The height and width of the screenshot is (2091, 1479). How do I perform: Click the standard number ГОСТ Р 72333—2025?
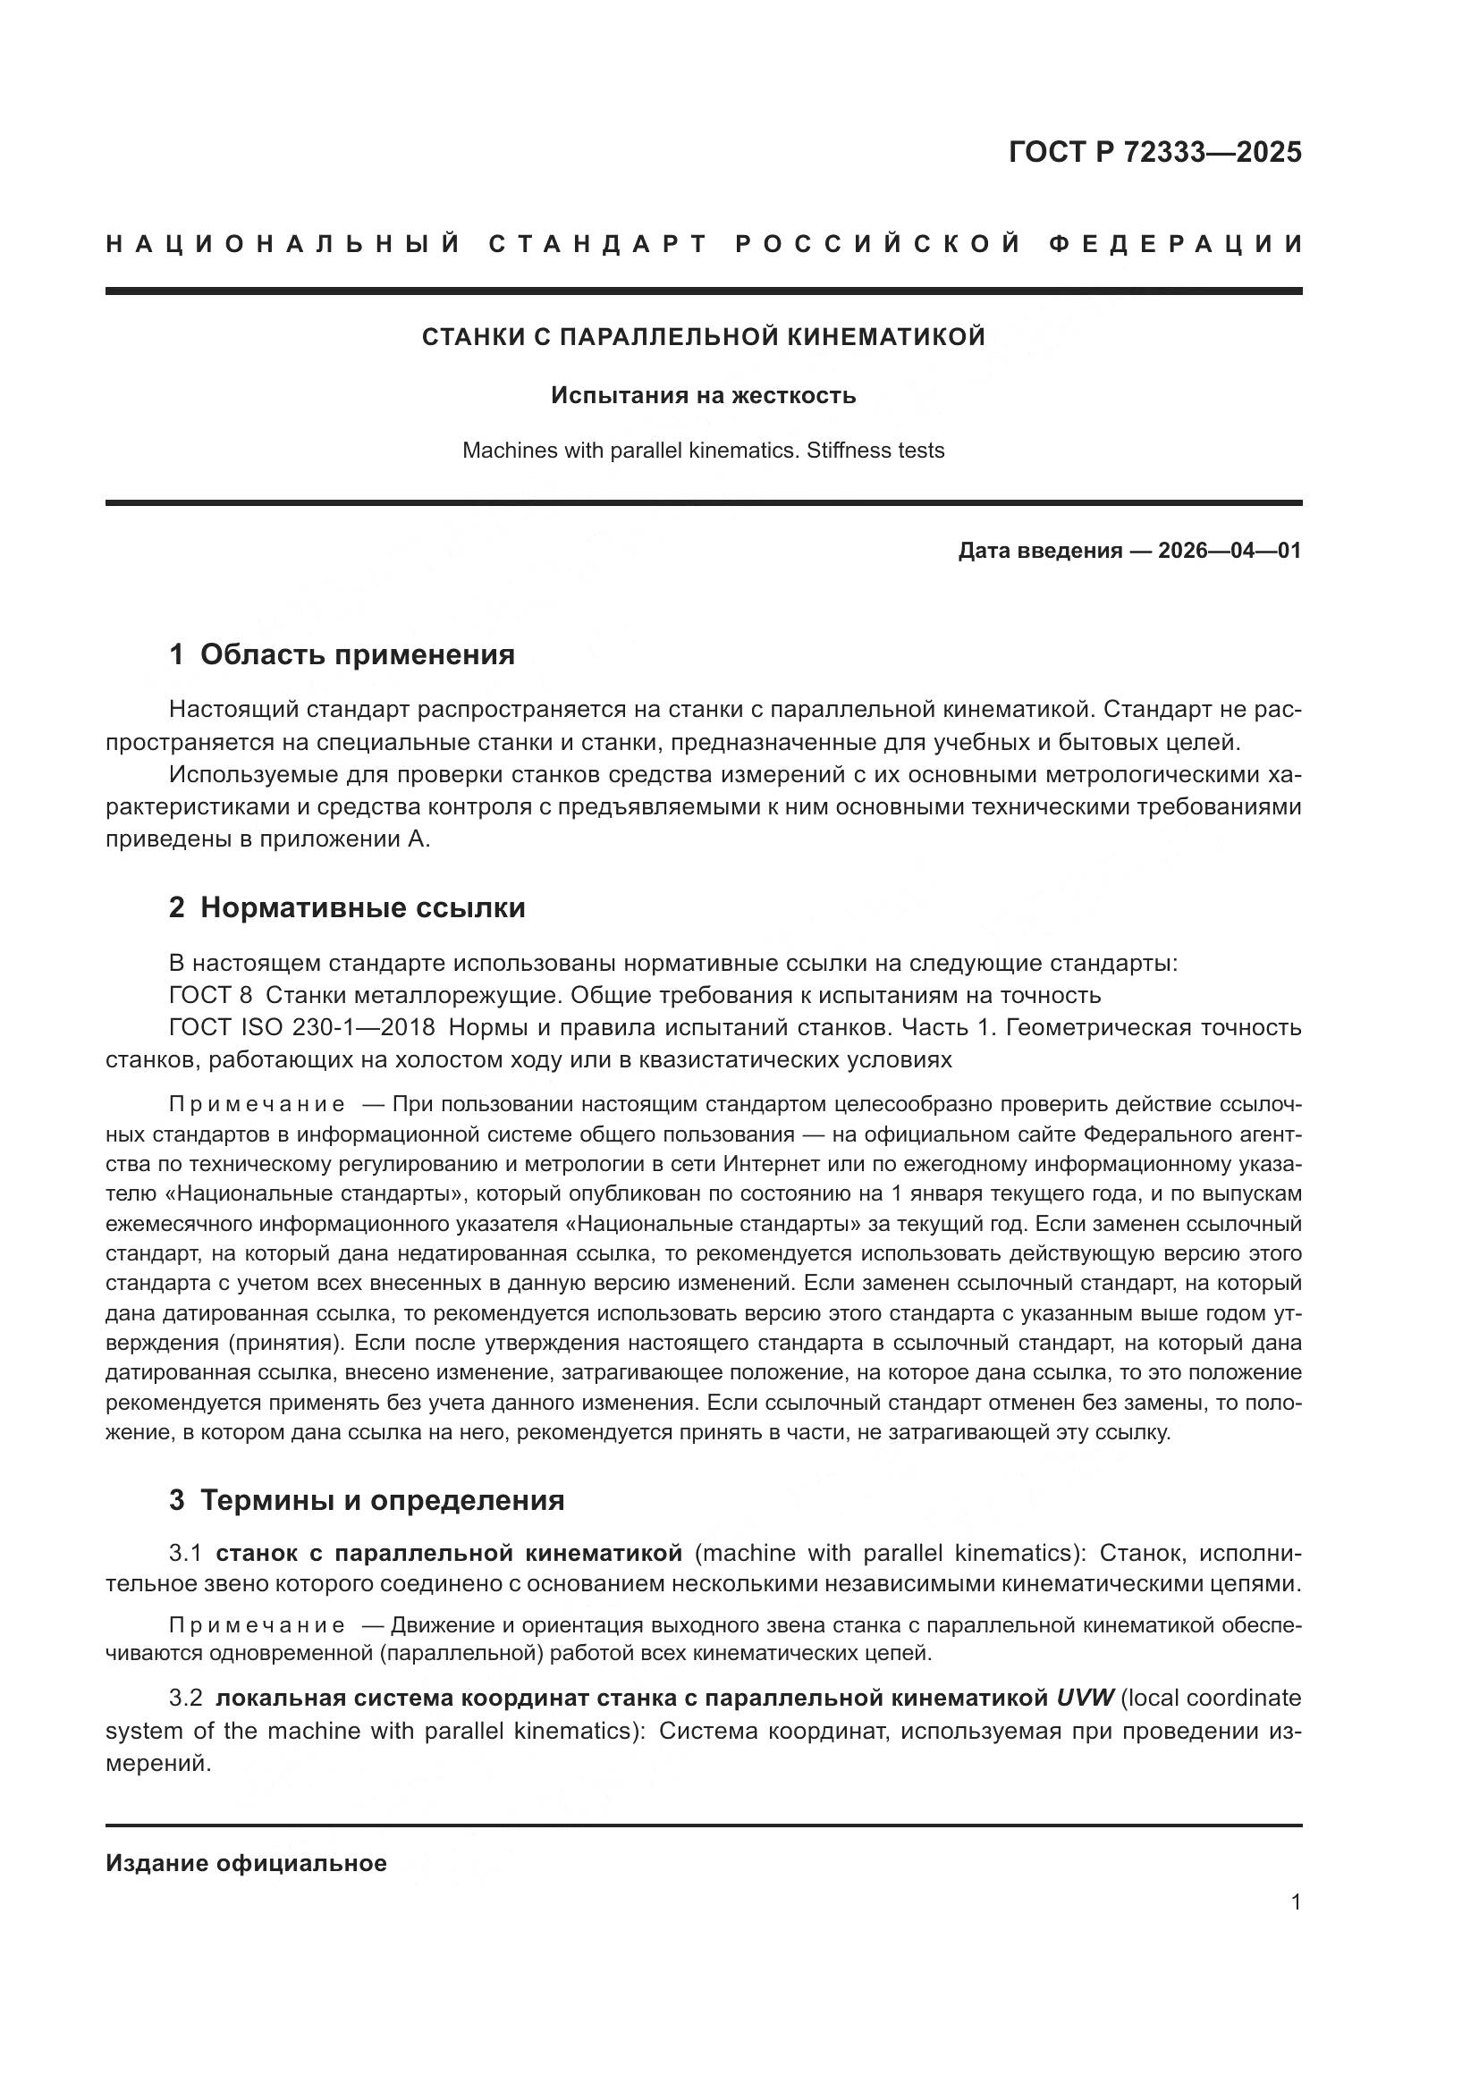pyautogui.click(x=1154, y=152)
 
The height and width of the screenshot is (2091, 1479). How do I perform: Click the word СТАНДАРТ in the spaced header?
pyautogui.click(x=598, y=244)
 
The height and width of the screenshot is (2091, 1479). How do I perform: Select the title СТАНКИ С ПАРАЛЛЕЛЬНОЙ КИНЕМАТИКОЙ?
pyautogui.click(x=703, y=337)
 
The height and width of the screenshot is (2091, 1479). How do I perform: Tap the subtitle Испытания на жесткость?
pyautogui.click(x=703, y=395)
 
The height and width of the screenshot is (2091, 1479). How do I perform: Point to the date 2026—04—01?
pyautogui.click(x=1230, y=551)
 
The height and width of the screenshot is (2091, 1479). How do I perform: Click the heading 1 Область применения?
pyautogui.click(x=342, y=653)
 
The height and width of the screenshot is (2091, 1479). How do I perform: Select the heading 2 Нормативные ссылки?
pyautogui.click(x=347, y=907)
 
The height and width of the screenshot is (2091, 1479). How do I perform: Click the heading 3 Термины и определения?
pyautogui.click(x=366, y=1500)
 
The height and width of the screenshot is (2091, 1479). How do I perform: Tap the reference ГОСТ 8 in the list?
pyautogui.click(x=210, y=994)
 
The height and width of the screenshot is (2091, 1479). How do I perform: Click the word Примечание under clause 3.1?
pyautogui.click(x=257, y=1625)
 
